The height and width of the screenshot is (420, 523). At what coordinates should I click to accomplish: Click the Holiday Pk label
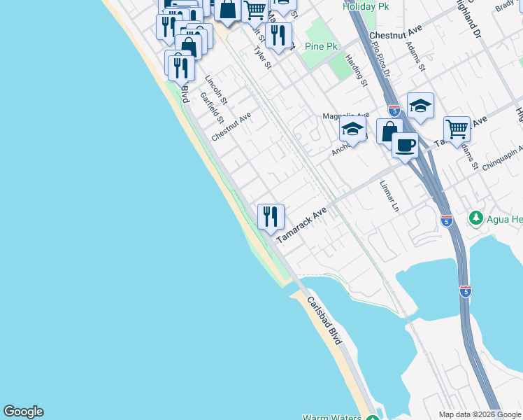coord(366,6)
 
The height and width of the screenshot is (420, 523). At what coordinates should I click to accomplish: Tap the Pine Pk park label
coord(322,46)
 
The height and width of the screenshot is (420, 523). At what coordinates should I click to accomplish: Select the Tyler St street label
coord(263,55)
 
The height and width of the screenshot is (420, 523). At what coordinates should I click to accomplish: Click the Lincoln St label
coord(216,90)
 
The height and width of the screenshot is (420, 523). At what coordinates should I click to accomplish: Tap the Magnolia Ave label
coord(345,115)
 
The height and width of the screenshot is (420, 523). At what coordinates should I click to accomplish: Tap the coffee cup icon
coord(405,146)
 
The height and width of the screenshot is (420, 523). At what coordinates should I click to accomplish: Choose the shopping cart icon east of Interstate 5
coord(457,128)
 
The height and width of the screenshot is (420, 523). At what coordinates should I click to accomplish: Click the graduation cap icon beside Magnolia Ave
coord(353,129)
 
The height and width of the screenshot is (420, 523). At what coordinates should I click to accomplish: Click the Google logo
coord(23,412)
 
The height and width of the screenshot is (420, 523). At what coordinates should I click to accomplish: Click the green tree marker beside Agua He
coord(477,218)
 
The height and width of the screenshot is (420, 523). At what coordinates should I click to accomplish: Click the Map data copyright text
coord(480,414)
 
